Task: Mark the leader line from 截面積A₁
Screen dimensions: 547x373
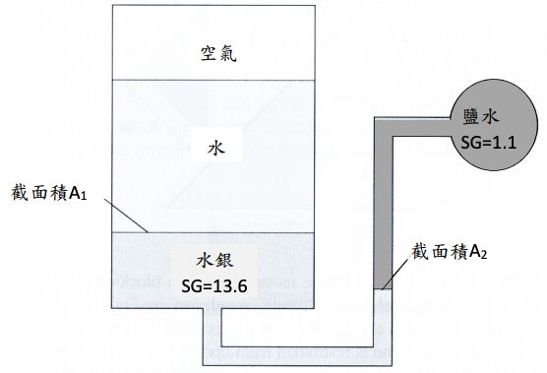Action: coord(126,216)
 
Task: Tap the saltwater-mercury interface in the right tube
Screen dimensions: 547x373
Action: coord(384,288)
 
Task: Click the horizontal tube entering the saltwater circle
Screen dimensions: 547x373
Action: coord(413,127)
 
